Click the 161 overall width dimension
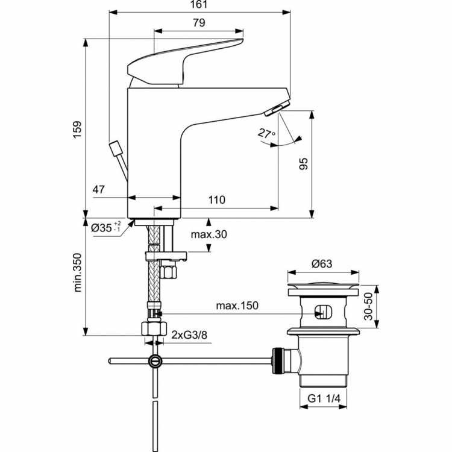[x=198, y=5]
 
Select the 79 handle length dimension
[x=198, y=22]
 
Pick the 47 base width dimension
[x=99, y=189]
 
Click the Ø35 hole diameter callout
[x=106, y=228]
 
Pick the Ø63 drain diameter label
[x=323, y=263]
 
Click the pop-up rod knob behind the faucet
[x=115, y=148]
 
